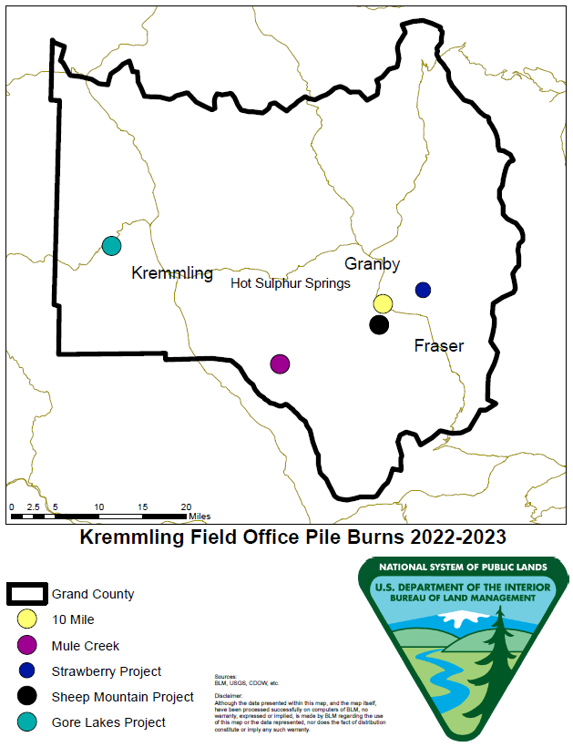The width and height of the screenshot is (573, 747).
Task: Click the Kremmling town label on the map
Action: [x=172, y=273]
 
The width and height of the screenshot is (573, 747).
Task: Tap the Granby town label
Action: [x=372, y=264]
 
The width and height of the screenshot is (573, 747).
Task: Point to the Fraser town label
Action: [x=438, y=346]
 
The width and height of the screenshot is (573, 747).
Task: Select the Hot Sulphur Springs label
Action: [x=291, y=284]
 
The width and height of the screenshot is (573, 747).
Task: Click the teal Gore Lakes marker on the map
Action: [x=111, y=245]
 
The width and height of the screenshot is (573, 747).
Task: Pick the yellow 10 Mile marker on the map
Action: [x=383, y=303]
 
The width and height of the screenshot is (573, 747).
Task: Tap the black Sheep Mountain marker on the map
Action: [x=379, y=324]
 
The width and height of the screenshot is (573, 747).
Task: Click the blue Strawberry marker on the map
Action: [x=423, y=290]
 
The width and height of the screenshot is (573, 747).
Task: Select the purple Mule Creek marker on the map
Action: [x=280, y=364]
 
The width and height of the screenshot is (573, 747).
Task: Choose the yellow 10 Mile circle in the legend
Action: [x=27, y=620]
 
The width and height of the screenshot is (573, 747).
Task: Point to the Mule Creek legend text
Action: [x=86, y=647]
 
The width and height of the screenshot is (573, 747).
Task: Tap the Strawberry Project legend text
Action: [x=107, y=671]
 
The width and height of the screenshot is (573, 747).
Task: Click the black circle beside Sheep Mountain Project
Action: [x=27, y=697]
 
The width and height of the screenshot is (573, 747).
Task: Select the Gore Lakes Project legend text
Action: [x=108, y=722]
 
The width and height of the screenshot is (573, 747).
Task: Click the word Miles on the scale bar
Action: [x=200, y=517]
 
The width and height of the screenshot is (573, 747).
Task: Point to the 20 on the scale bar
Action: [x=186, y=507]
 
